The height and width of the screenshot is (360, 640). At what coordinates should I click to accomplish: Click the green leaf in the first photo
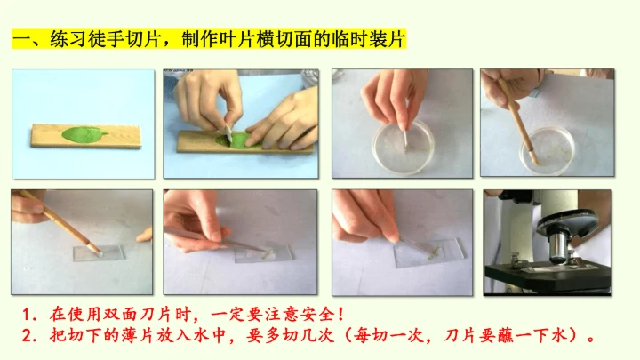click(x=84, y=134)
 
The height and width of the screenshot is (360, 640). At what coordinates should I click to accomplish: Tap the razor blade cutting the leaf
click(x=228, y=132)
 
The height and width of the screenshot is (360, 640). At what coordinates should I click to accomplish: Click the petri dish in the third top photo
click(x=403, y=148)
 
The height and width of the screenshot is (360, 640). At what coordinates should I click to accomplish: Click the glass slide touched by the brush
click(x=99, y=253)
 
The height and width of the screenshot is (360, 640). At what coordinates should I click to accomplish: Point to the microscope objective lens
click(x=557, y=246)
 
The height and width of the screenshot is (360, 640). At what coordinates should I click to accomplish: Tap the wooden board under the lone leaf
click(x=86, y=136)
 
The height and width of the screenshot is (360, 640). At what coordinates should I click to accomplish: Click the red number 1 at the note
click(x=27, y=315)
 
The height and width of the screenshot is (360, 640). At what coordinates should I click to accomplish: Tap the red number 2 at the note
click(x=27, y=336)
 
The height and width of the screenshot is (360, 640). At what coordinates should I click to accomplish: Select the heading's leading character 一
click(x=20, y=40)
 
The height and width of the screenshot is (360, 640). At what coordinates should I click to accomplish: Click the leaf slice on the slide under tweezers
click(x=268, y=254)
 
